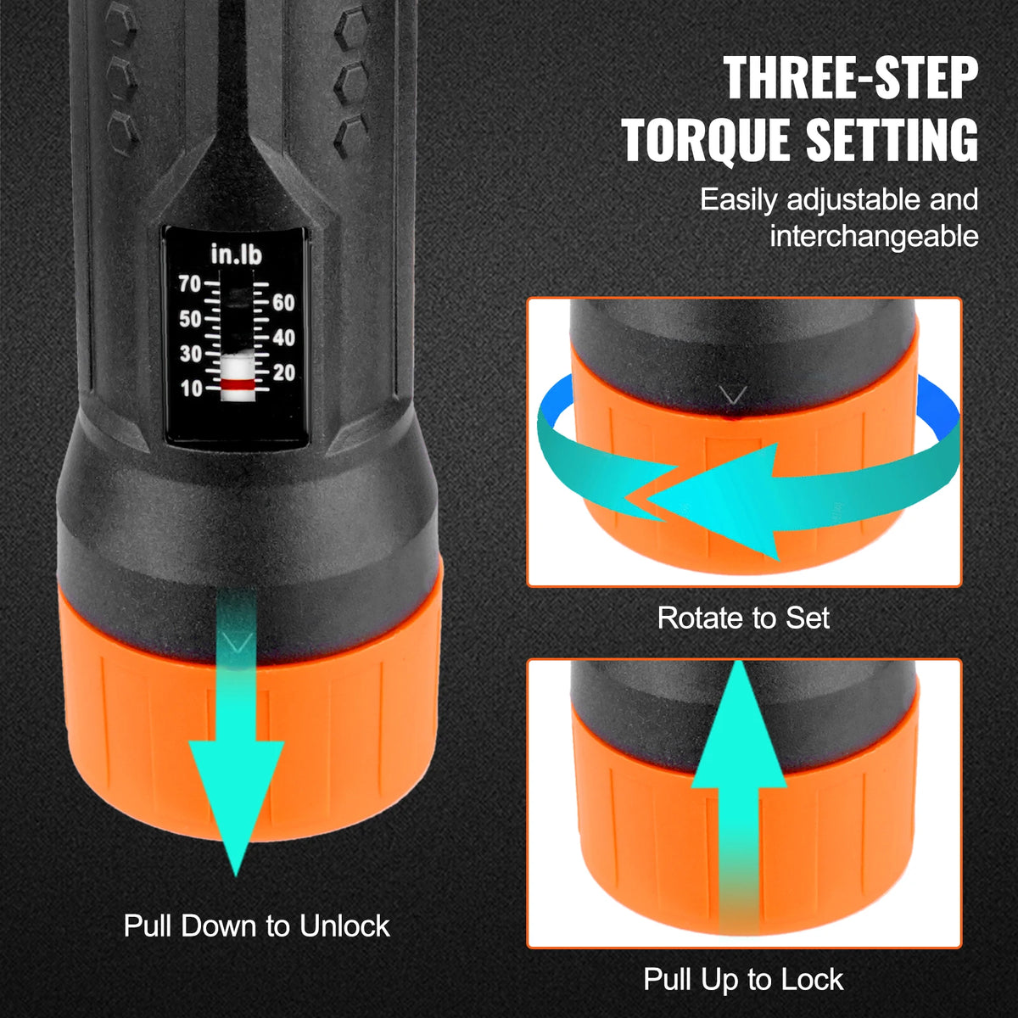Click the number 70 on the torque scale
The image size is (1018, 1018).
pos(190,284)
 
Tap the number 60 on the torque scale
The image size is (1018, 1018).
pos(283,303)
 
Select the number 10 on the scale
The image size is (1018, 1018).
pos(191,389)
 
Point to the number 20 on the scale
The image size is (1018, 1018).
pos(283,372)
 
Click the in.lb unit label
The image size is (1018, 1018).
pos(236,255)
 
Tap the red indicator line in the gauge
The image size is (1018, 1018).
pos(236,384)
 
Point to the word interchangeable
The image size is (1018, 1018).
pos(874,237)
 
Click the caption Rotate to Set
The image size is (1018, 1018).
pos(743,618)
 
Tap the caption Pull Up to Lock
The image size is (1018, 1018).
pos(743,979)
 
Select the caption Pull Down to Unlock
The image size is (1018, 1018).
pos(257,925)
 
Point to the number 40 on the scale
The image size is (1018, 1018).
pos(283,338)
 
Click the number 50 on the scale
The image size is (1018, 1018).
pos(190,320)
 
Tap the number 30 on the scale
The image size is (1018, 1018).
pos(190,355)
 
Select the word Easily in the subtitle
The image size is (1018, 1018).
pos(738,200)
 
